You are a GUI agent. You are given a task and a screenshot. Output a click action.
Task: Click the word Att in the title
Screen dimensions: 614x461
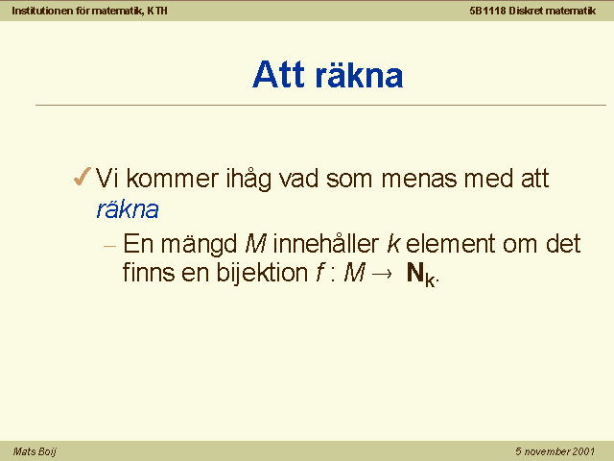pos(278,75)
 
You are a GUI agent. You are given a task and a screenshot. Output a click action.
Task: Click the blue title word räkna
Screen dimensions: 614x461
pos(360,75)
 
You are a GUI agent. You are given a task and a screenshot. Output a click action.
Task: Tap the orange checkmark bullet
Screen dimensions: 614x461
pos(83,177)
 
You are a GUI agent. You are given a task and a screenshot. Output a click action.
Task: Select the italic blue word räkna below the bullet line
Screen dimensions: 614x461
pos(128,209)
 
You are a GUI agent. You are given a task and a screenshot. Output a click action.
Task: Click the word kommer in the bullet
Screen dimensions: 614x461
pos(173,179)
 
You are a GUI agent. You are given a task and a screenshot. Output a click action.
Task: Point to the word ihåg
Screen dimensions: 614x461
pos(248,180)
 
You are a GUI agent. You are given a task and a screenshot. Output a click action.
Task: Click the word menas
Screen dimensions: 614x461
pos(419,179)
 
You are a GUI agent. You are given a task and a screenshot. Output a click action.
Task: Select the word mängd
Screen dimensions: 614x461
pos(199,245)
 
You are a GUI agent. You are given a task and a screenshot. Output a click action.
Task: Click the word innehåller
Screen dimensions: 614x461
pos(326,243)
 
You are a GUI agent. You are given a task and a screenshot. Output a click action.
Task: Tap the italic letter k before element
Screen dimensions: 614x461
pos(393,243)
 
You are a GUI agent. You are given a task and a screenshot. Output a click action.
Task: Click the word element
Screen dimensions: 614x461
pos(450,243)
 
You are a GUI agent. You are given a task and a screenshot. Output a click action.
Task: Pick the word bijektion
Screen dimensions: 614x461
pos(262,273)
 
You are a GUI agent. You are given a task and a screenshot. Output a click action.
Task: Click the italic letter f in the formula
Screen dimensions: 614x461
pos(320,273)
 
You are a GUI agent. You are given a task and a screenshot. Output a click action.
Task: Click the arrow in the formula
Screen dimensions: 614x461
pos(381,274)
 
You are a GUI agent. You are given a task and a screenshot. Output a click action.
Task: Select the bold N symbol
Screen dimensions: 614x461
pos(415,272)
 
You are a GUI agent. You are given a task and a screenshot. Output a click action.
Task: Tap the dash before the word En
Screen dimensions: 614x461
pos(110,246)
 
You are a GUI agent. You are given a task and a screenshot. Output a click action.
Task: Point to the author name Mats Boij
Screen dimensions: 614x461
pos(35,451)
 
